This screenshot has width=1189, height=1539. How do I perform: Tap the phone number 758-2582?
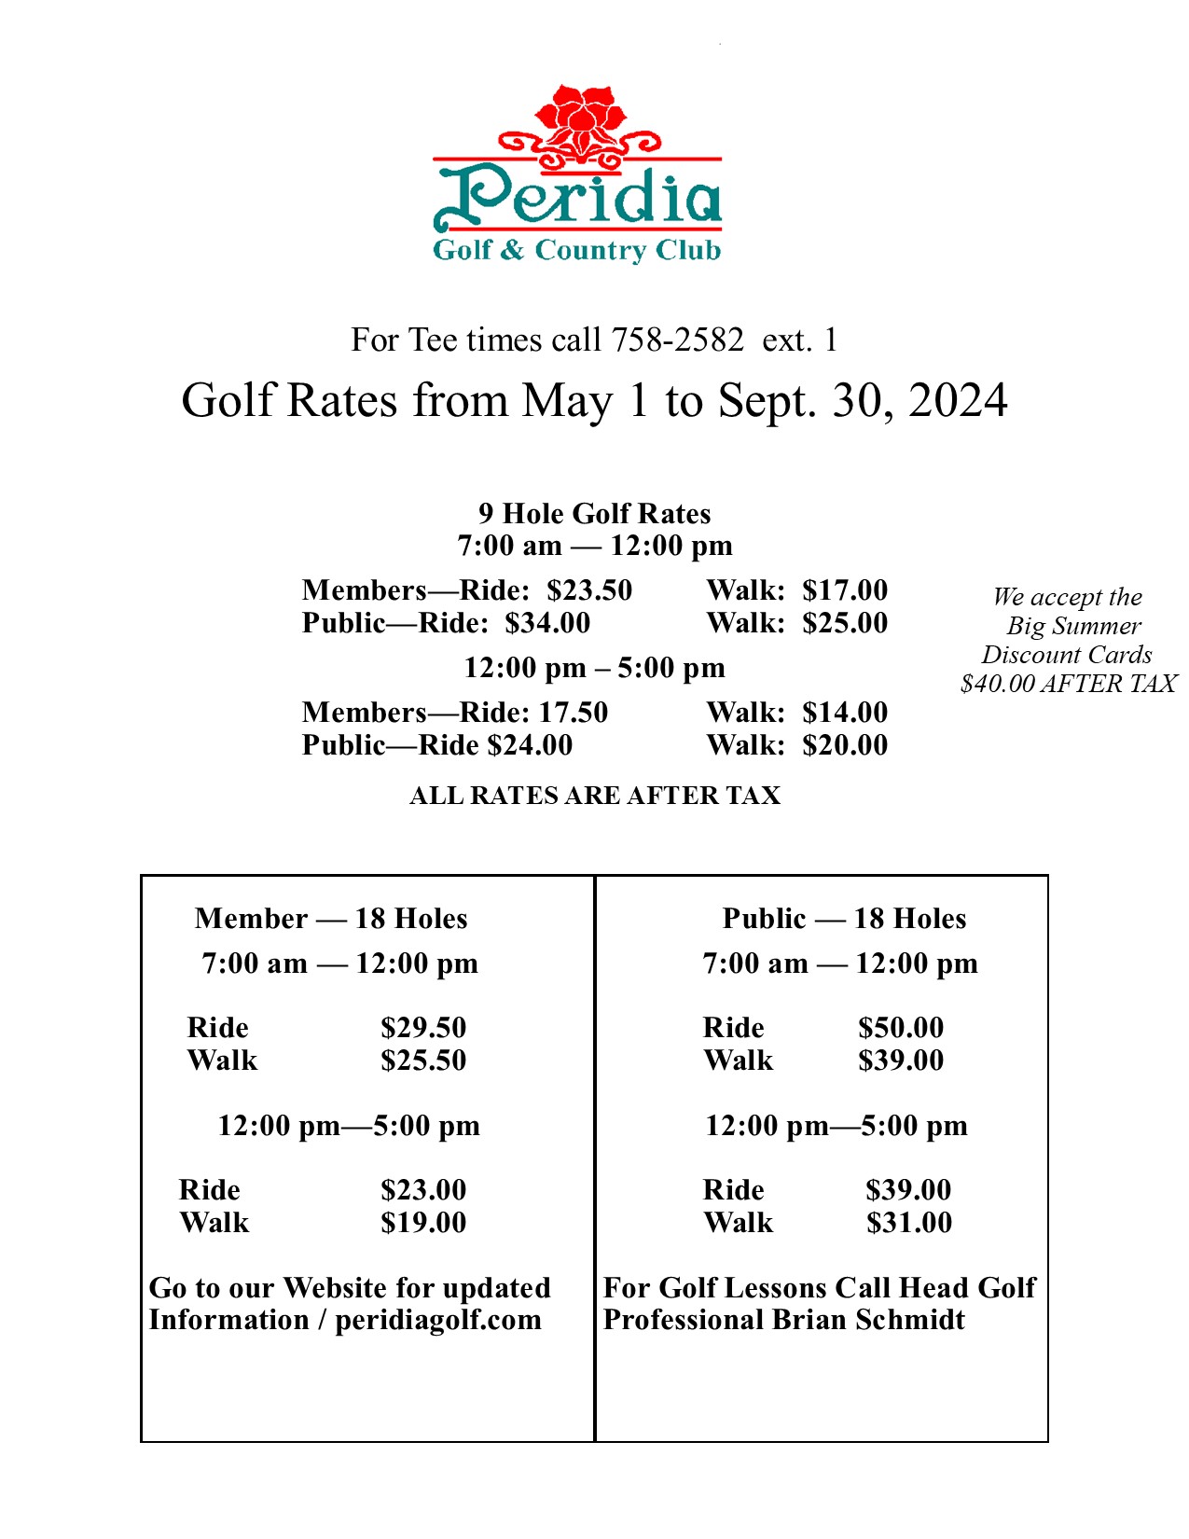(x=677, y=340)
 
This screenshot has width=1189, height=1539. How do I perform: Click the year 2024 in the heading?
(x=957, y=401)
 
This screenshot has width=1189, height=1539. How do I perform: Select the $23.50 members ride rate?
(x=589, y=590)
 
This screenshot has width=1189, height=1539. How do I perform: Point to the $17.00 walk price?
(x=845, y=590)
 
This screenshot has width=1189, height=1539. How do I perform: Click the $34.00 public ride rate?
(x=547, y=623)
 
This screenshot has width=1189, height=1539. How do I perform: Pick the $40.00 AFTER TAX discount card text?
(x=1068, y=684)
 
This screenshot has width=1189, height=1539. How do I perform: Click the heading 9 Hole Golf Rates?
(x=594, y=514)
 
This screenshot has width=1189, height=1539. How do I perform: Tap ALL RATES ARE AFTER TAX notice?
(x=594, y=796)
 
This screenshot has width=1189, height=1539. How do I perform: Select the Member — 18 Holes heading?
(x=331, y=919)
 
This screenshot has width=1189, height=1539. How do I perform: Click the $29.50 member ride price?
(x=423, y=1028)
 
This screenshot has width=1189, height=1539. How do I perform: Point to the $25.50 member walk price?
(x=423, y=1061)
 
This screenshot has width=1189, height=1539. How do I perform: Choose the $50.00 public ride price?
(x=901, y=1028)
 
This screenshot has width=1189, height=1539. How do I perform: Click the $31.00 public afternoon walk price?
(x=909, y=1223)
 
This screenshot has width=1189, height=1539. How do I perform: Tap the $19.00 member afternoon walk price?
(x=423, y=1223)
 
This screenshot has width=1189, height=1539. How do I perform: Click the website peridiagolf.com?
(x=438, y=1321)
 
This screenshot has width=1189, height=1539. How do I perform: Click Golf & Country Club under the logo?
(x=576, y=251)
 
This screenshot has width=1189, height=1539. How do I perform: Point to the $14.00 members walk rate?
(x=845, y=713)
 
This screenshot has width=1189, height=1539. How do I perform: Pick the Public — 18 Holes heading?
(x=844, y=919)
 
